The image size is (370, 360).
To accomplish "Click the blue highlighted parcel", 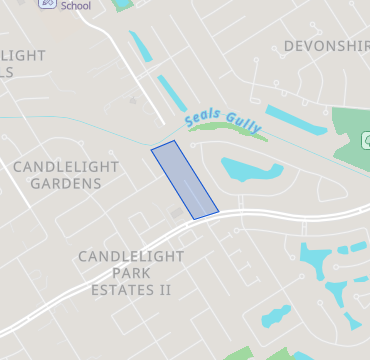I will (x=184, y=179).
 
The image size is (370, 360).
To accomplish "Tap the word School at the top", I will (x=75, y=5).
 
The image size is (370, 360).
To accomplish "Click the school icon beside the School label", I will (x=47, y=4).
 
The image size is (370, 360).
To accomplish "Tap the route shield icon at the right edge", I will (x=366, y=139).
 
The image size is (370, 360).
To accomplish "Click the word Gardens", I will (x=66, y=184).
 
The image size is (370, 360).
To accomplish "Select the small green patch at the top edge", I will (x=123, y=5).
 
